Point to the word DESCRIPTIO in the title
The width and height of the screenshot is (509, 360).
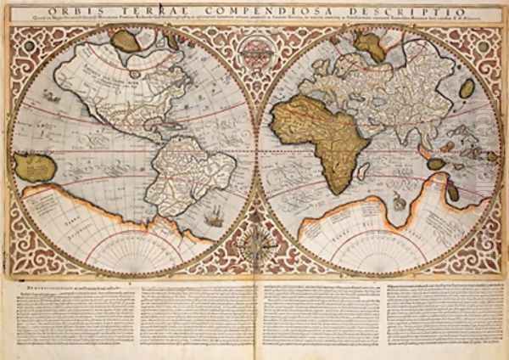(399, 11)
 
